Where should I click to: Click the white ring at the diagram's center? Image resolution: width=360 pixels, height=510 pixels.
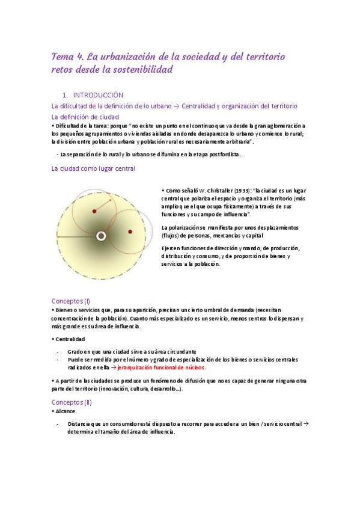pyautogui.click(x=101, y=236)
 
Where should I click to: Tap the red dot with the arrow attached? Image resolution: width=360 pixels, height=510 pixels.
pyautogui.click(x=94, y=210)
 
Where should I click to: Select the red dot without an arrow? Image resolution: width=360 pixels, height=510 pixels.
pyautogui.click(x=130, y=232)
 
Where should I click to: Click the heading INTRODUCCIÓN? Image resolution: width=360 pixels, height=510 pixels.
pyautogui.click(x=97, y=95)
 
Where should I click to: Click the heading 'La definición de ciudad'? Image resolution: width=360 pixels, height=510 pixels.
pyautogui.click(x=85, y=117)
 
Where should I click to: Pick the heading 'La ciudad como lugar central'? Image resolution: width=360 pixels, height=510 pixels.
pyautogui.click(x=93, y=169)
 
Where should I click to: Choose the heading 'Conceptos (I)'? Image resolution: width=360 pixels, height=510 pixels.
pyautogui.click(x=71, y=301)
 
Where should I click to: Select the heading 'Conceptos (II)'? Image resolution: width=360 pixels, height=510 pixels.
pyautogui.click(x=72, y=402)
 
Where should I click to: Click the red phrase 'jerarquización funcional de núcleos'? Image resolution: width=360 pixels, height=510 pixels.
pyautogui.click(x=162, y=367)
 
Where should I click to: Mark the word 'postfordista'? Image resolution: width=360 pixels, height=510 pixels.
pyautogui.click(x=224, y=155)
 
